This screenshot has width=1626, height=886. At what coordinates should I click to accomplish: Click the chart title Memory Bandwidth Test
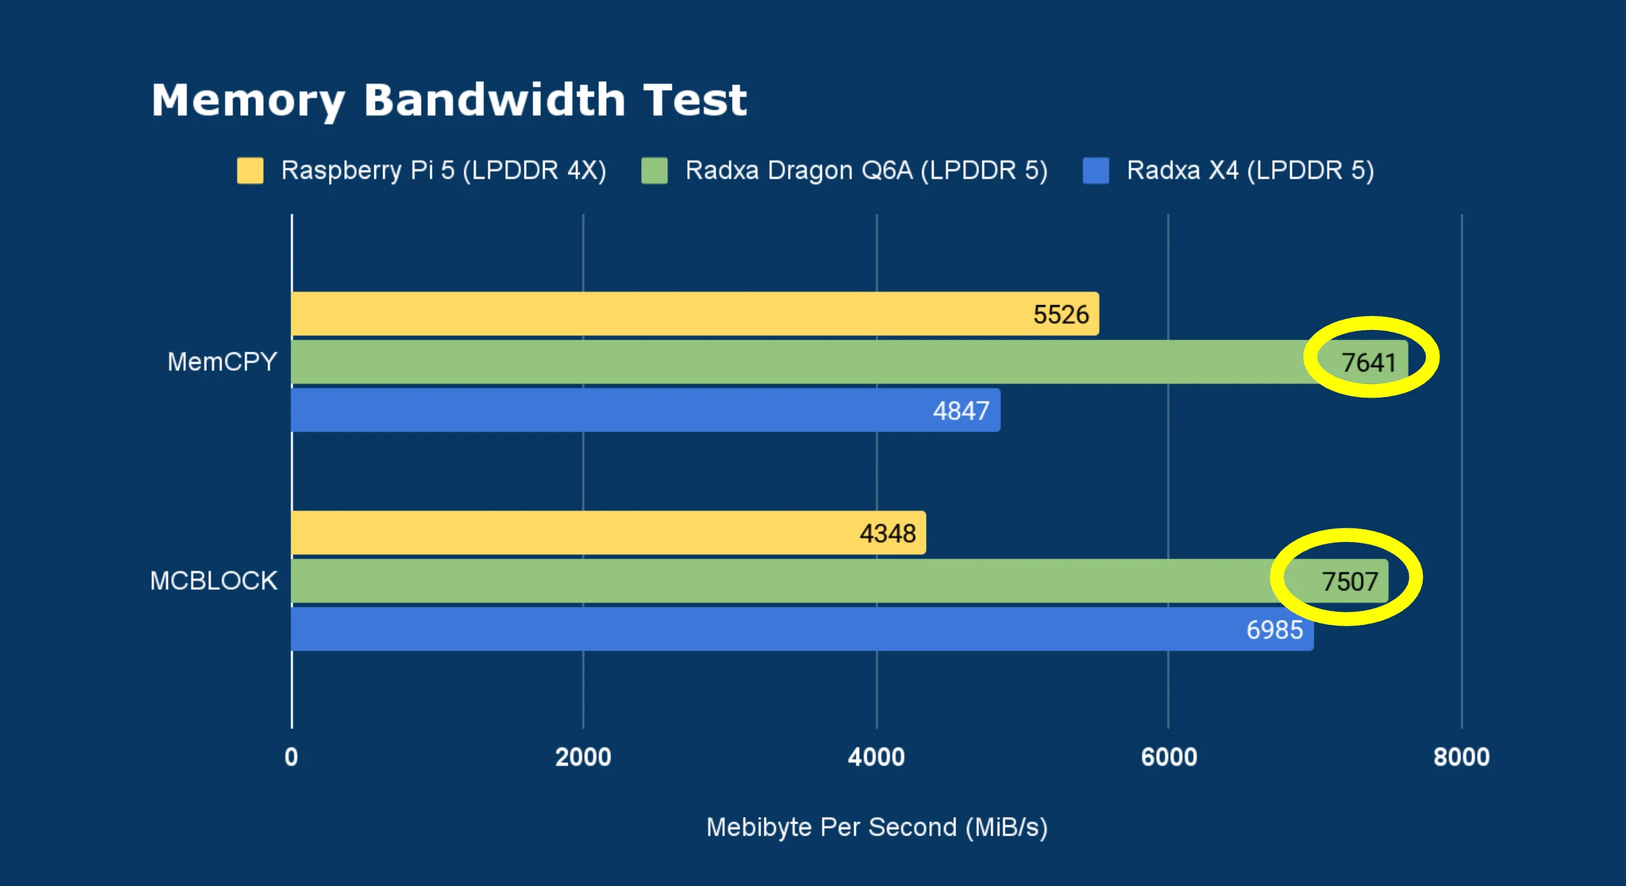(448, 101)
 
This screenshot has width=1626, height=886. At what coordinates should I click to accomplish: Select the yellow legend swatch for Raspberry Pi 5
(250, 170)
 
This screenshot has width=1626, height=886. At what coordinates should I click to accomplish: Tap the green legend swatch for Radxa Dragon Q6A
(654, 170)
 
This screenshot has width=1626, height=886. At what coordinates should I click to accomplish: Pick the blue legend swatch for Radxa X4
(1095, 170)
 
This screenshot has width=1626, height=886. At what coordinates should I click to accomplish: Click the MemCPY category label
(222, 362)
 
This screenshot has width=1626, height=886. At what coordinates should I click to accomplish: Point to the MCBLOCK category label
(213, 581)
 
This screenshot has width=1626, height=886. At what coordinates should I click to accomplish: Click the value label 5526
(1061, 315)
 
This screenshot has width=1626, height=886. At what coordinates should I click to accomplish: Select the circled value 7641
(1369, 363)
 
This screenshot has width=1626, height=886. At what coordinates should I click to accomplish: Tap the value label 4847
(961, 411)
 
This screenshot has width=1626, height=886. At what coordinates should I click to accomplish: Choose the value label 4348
(888, 534)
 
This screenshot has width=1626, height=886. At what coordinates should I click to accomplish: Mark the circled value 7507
(1349, 582)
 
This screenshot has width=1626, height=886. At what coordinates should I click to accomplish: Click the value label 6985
(1275, 630)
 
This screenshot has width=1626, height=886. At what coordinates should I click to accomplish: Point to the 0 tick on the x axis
(291, 757)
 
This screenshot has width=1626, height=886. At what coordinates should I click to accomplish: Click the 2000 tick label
(583, 757)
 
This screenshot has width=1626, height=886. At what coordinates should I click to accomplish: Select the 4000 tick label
(876, 757)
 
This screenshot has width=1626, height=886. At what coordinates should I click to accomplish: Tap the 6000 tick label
(1169, 757)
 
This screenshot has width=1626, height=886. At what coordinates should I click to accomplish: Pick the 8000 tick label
(1461, 757)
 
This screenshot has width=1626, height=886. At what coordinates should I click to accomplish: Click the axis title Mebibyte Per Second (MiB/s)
(876, 827)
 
